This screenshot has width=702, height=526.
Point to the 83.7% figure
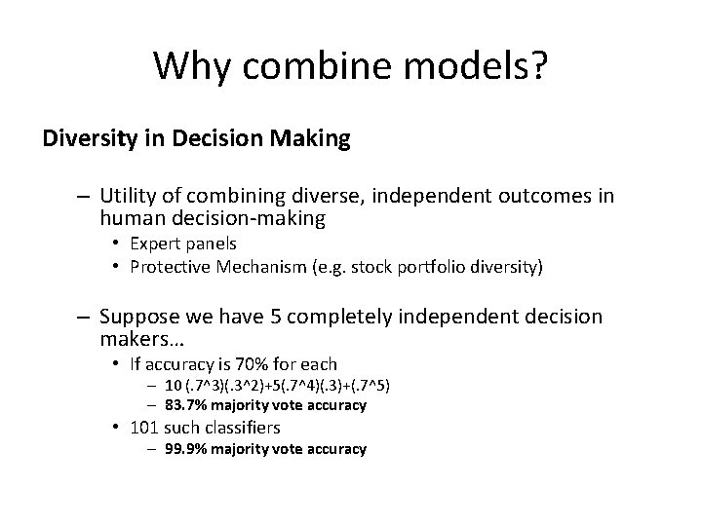coord(198,404)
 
